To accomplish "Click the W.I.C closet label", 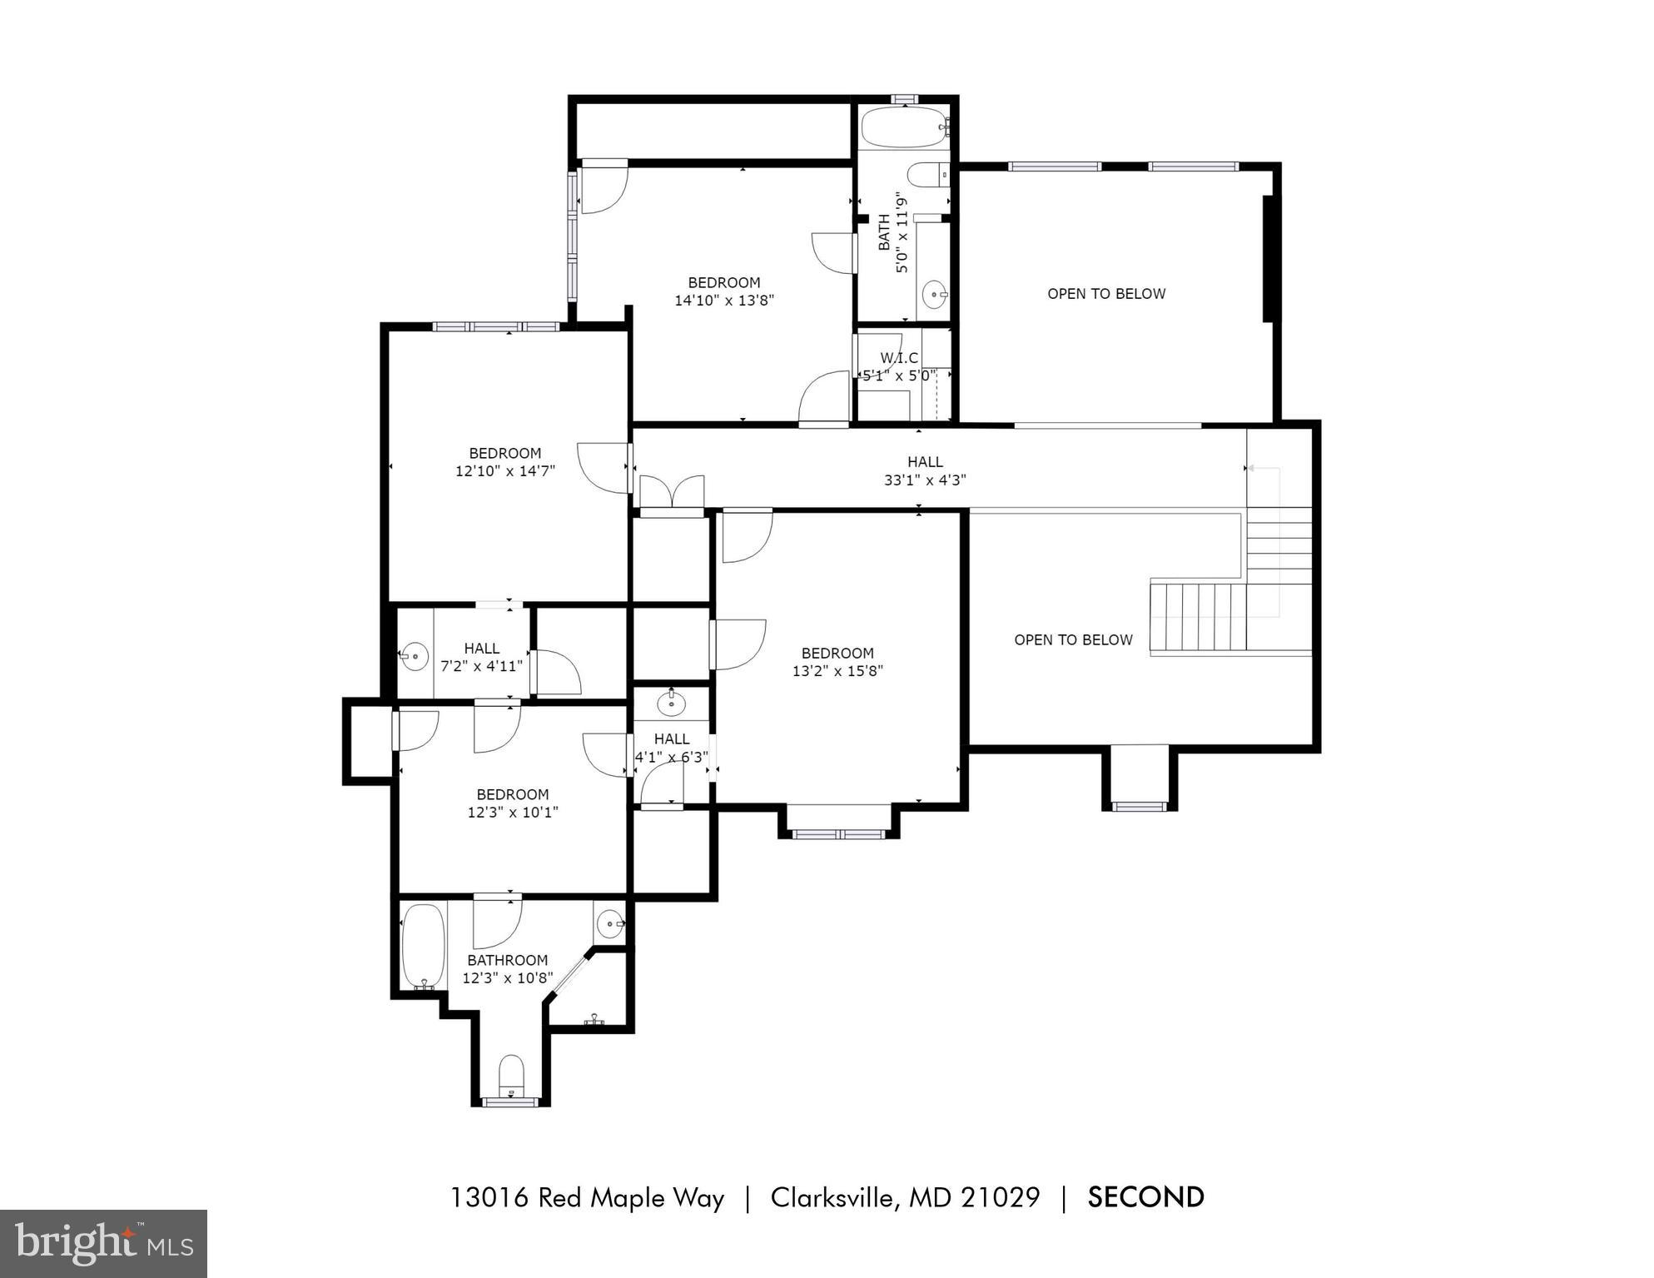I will [x=898, y=358].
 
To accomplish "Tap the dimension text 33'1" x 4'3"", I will [x=924, y=480].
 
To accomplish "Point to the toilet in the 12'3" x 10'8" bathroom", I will [x=510, y=1077].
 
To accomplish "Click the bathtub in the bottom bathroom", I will [x=423, y=947].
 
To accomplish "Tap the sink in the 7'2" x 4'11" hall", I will [x=414, y=657].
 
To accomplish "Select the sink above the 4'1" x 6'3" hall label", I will [x=671, y=704].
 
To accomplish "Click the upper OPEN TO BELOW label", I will [x=1105, y=294].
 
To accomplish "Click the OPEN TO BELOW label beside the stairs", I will [x=1072, y=640].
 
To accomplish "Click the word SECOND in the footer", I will [x=1145, y=1197].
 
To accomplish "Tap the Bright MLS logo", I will [x=103, y=1243].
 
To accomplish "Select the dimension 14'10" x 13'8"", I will [x=723, y=301].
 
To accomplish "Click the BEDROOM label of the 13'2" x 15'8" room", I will [x=837, y=654].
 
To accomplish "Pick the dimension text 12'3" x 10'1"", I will [x=512, y=813].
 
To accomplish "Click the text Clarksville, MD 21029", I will [x=904, y=1197].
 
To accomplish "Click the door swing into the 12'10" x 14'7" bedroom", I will [x=603, y=468].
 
